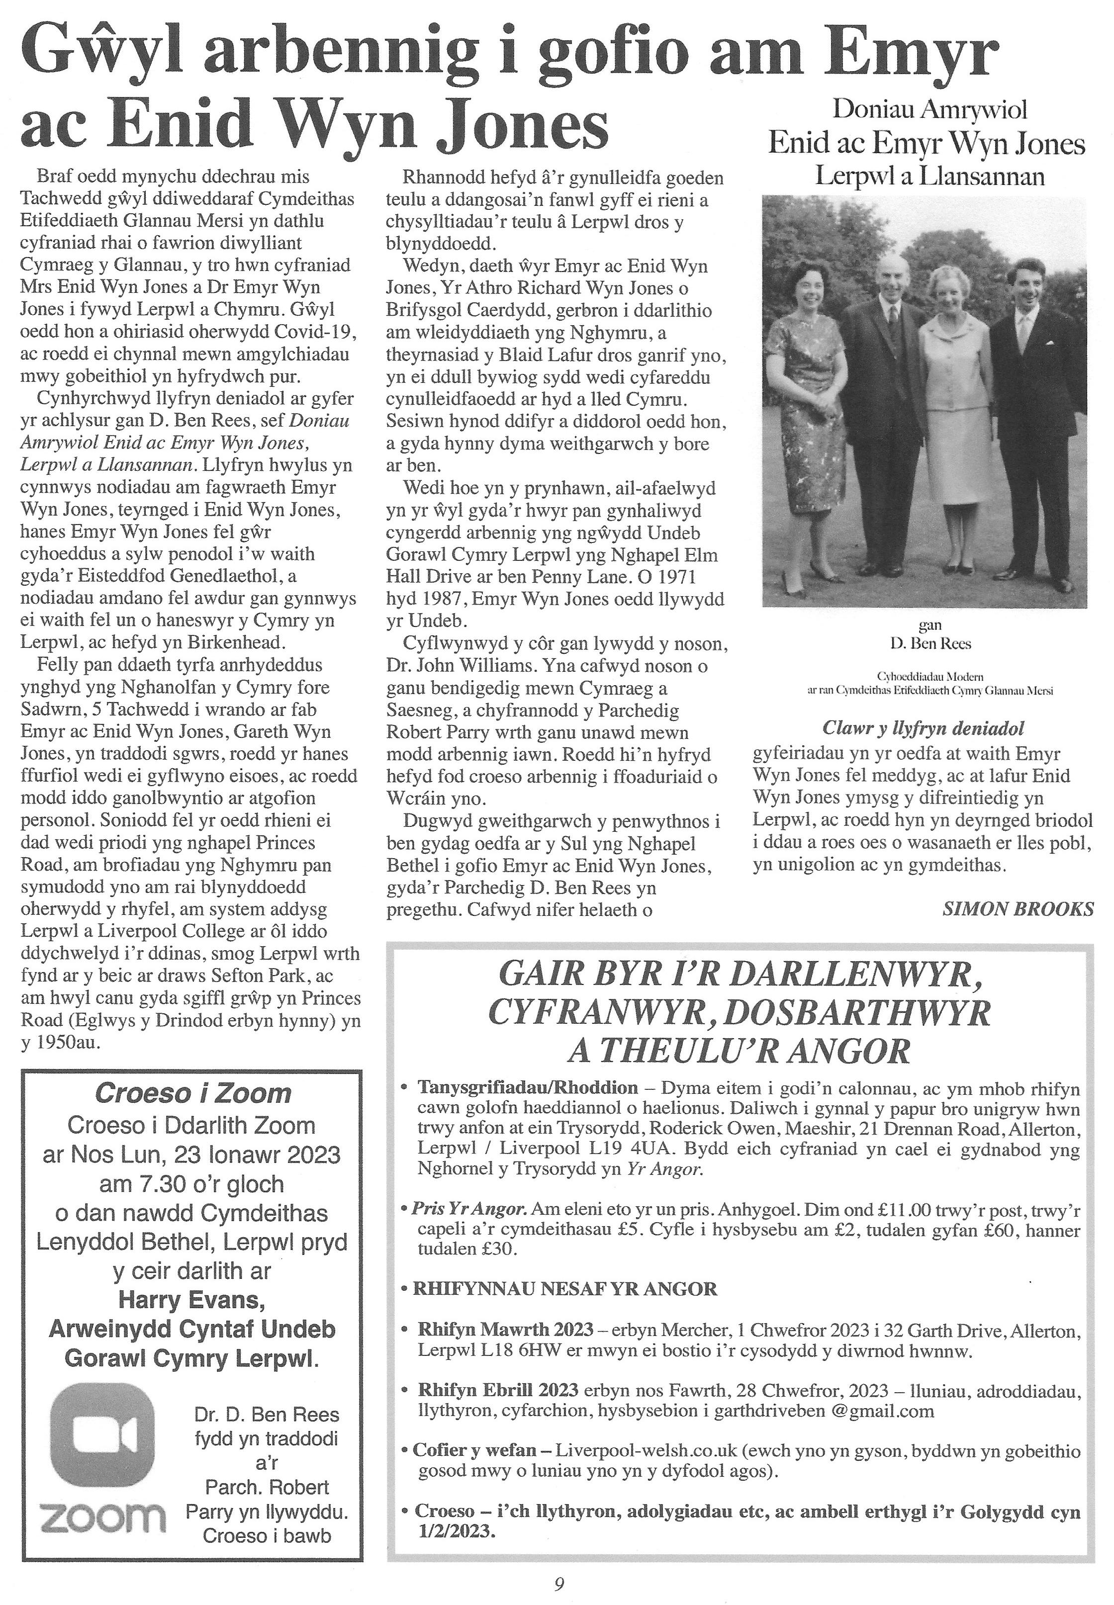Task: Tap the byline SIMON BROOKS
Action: (x=1018, y=908)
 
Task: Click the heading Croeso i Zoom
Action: (x=192, y=1093)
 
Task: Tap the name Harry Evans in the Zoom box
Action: (x=191, y=1300)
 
